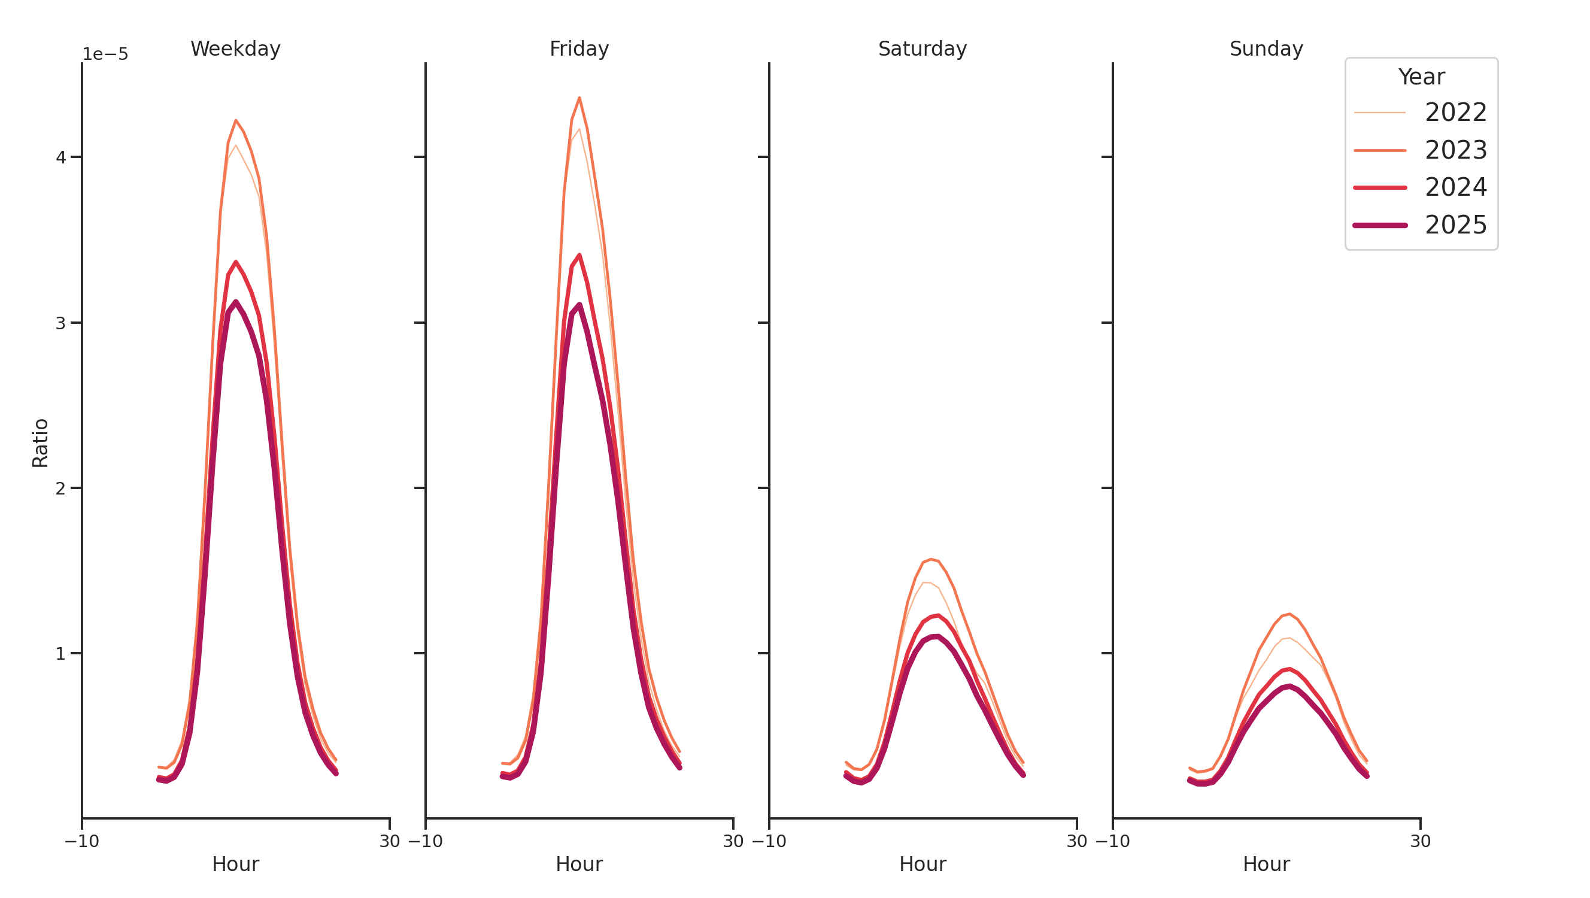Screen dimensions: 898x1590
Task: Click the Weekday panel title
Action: [x=235, y=48]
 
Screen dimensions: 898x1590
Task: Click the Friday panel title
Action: [x=579, y=48]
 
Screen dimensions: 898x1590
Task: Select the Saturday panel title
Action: [x=922, y=48]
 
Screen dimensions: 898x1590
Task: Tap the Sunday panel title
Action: [x=1266, y=48]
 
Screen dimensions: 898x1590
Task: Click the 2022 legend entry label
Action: [x=1455, y=113]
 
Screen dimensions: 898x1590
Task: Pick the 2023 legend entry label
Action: [x=1455, y=150]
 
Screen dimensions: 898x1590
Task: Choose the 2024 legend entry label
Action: [x=1455, y=187]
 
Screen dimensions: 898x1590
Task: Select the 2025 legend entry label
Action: [x=1455, y=224]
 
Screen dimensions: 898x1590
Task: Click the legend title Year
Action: [x=1421, y=77]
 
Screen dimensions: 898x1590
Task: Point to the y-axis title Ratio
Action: [x=40, y=442]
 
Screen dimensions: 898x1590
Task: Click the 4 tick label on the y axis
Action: [x=60, y=157]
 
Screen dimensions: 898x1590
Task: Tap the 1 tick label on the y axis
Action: [x=60, y=654]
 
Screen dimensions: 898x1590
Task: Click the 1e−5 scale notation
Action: [x=105, y=54]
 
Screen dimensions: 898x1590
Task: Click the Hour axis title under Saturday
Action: [x=922, y=864]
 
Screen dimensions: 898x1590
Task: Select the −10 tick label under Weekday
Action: [x=81, y=841]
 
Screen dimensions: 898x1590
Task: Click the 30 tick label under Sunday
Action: [x=1420, y=841]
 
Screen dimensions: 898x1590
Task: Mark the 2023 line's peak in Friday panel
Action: [x=579, y=98]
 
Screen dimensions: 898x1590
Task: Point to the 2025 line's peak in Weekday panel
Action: [x=235, y=302]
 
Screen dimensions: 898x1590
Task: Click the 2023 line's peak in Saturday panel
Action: [x=930, y=559]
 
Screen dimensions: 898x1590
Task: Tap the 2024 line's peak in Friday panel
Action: [x=579, y=255]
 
